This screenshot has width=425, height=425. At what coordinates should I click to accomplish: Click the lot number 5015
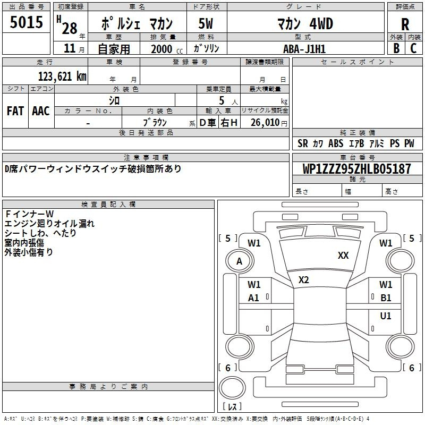(x=26, y=22)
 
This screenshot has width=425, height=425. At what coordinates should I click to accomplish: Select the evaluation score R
(x=405, y=24)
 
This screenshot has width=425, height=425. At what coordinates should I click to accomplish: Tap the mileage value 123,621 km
(x=62, y=76)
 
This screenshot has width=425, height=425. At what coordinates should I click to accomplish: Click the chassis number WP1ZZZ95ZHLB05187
(x=356, y=169)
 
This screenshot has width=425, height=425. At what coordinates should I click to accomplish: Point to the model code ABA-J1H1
(x=304, y=49)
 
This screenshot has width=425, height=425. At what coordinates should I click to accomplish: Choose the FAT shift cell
(x=15, y=111)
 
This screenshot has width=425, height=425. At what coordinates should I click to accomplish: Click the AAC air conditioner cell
(x=41, y=111)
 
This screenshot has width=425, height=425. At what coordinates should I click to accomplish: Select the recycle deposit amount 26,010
(x=265, y=123)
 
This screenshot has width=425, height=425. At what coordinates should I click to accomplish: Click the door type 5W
(x=206, y=23)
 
